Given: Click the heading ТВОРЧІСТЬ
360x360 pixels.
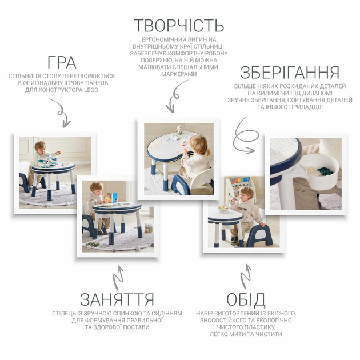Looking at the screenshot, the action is click(179, 25).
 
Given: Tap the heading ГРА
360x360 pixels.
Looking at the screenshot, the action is click(62, 62).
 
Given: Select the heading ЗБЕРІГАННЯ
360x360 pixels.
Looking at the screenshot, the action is click(290, 73).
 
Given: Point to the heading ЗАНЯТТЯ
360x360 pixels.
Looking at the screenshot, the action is click(117, 299).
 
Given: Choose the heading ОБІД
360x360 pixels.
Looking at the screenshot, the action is click(246, 299).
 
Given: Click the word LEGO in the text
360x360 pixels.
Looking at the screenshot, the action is click(91, 90).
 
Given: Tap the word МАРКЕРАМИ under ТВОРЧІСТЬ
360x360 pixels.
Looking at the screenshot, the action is click(179, 74).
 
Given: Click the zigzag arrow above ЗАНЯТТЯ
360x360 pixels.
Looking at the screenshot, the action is click(118, 278).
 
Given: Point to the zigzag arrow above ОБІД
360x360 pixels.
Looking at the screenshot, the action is click(246, 276).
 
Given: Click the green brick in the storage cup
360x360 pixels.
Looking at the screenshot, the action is click(325, 171).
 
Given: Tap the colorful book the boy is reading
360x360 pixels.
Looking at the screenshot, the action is click(110, 198).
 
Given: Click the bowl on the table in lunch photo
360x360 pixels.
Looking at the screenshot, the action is click(223, 209).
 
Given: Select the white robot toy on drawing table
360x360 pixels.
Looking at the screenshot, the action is click(179, 130).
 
